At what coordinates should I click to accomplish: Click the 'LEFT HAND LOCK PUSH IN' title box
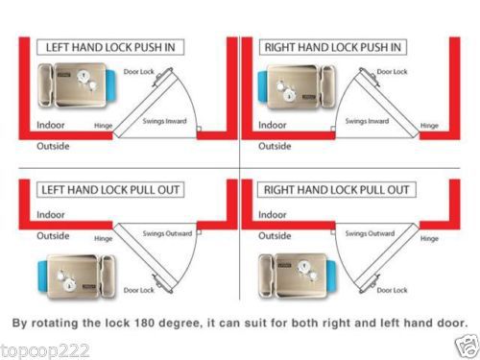click(x=110, y=47)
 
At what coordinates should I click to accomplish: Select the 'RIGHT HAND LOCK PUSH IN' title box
click(x=333, y=47)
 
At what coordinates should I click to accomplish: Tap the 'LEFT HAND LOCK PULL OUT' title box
click(x=110, y=190)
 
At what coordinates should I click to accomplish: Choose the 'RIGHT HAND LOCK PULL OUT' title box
click(x=337, y=190)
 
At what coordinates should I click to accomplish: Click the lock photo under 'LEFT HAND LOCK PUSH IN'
click(x=77, y=85)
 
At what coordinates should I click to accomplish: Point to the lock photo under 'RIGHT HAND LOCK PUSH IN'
click(x=297, y=87)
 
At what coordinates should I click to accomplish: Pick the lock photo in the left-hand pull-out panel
click(x=77, y=277)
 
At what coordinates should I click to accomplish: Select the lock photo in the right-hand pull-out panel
click(x=298, y=276)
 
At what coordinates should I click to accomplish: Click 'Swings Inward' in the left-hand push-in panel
click(x=164, y=121)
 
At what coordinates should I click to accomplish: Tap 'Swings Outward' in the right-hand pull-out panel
click(x=370, y=233)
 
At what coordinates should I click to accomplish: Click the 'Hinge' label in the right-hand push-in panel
click(x=429, y=126)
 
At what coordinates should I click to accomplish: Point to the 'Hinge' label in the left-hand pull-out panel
click(x=103, y=239)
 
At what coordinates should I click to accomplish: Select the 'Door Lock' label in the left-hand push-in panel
click(x=139, y=72)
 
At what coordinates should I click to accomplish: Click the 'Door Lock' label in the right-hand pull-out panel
click(x=392, y=290)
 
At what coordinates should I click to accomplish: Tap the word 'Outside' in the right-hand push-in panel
click(x=275, y=146)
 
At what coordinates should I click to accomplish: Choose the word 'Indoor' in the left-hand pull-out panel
click(x=51, y=214)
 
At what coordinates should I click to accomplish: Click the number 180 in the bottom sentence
click(x=143, y=323)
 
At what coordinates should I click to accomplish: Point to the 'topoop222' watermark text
click(x=45, y=351)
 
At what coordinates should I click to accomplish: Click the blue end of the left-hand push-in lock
click(x=110, y=85)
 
